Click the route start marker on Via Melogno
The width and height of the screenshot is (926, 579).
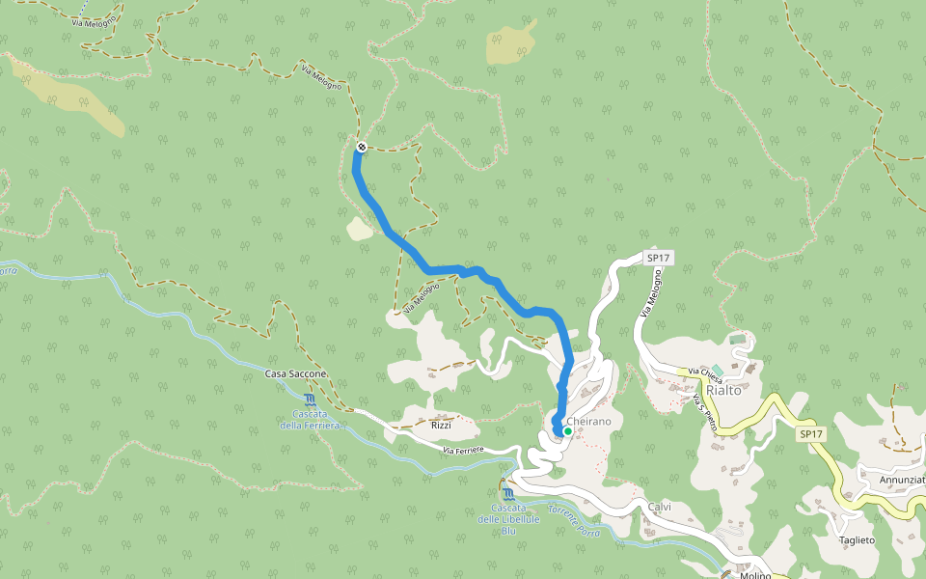pos(361,147)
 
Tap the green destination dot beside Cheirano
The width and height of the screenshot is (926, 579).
pos(568,431)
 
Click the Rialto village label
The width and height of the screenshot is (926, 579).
pos(723,390)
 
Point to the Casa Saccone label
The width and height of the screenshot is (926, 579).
pos(295,373)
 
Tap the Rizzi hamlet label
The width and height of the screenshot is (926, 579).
pos(441,425)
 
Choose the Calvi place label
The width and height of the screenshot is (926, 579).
pos(659,508)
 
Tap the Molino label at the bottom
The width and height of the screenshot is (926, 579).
pos(755,575)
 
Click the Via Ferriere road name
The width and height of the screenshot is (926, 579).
pos(462,450)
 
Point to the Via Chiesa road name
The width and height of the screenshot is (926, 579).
pos(704,372)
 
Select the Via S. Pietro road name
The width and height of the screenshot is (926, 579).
pos(706,411)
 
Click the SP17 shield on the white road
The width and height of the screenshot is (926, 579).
pos(658,258)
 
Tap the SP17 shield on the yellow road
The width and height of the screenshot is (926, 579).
pos(811,435)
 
